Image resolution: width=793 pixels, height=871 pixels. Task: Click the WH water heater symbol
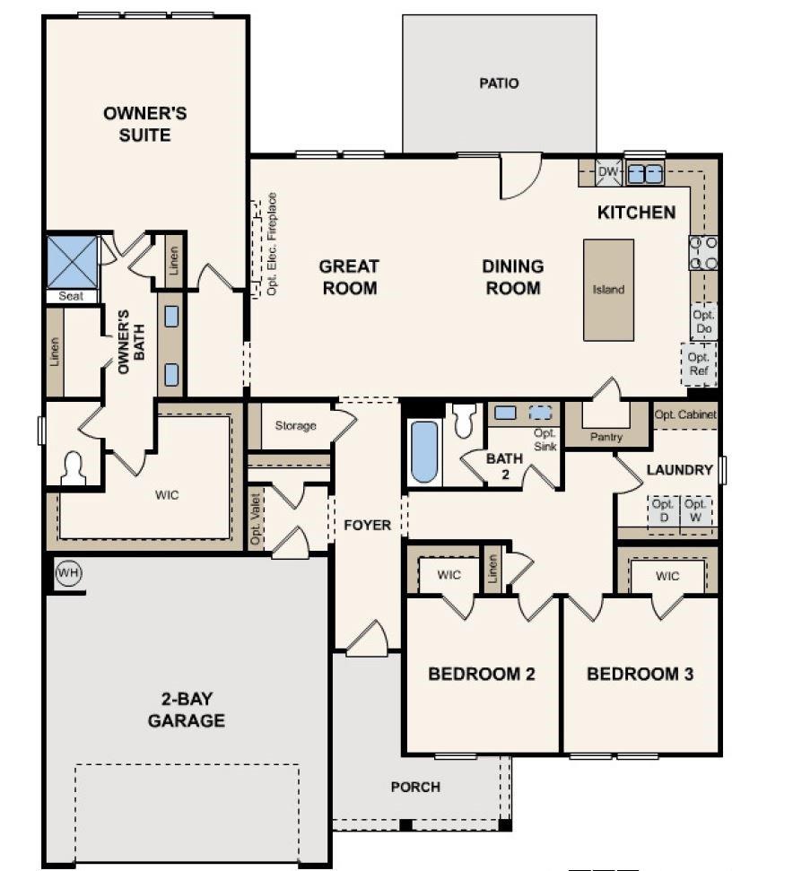pyautogui.click(x=67, y=571)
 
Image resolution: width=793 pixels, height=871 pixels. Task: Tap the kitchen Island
pyautogui.click(x=608, y=290)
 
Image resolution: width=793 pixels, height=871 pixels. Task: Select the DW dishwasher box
pyautogui.click(x=608, y=171)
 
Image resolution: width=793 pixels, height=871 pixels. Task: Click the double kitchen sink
pyautogui.click(x=644, y=172)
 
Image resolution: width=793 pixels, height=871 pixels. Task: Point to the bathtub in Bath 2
pyautogui.click(x=423, y=452)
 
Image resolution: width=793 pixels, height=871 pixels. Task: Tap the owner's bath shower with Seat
pyautogui.click(x=72, y=262)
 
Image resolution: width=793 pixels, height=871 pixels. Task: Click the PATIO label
pyautogui.click(x=499, y=83)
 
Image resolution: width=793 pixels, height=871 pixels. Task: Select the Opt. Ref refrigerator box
pyautogui.click(x=698, y=364)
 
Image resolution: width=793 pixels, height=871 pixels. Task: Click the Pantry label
pyautogui.click(x=606, y=437)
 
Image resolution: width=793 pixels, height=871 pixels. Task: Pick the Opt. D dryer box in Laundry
pyautogui.click(x=665, y=511)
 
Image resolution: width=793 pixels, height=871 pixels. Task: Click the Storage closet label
pyautogui.click(x=295, y=425)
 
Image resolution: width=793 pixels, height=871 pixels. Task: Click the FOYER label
pyautogui.click(x=368, y=525)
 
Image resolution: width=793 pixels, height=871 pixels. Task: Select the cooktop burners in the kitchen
pyautogui.click(x=702, y=252)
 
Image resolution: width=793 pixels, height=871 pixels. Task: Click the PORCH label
pyautogui.click(x=415, y=787)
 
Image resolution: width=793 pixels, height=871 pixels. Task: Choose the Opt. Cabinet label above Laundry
pyautogui.click(x=684, y=414)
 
